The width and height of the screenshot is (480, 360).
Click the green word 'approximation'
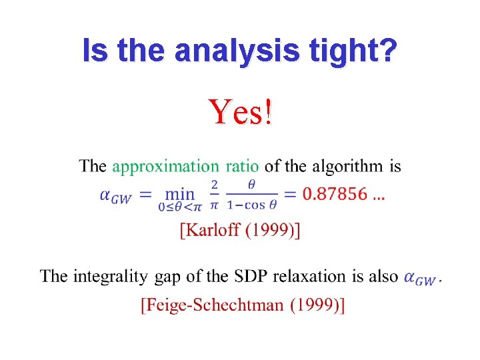(x=165, y=167)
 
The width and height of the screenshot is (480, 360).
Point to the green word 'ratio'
(x=243, y=166)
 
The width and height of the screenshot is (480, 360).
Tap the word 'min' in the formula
(x=179, y=194)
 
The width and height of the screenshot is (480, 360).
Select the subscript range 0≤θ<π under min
(x=179, y=208)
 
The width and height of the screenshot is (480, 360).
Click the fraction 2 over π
(x=215, y=193)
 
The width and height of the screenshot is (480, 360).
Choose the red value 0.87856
(x=335, y=194)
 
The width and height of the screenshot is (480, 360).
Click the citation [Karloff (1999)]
(x=240, y=231)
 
